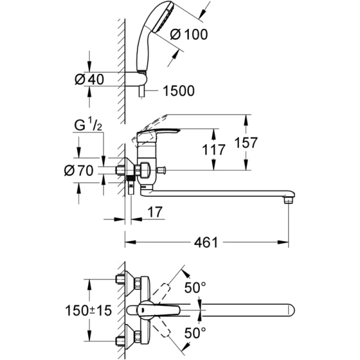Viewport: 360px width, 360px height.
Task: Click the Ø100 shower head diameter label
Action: [x=189, y=35]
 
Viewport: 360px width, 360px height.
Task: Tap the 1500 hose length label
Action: [x=178, y=91]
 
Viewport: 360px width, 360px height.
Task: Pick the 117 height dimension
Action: [x=213, y=149]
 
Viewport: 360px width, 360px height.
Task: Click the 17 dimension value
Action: [x=154, y=212]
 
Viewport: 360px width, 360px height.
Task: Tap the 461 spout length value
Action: [x=206, y=242]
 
